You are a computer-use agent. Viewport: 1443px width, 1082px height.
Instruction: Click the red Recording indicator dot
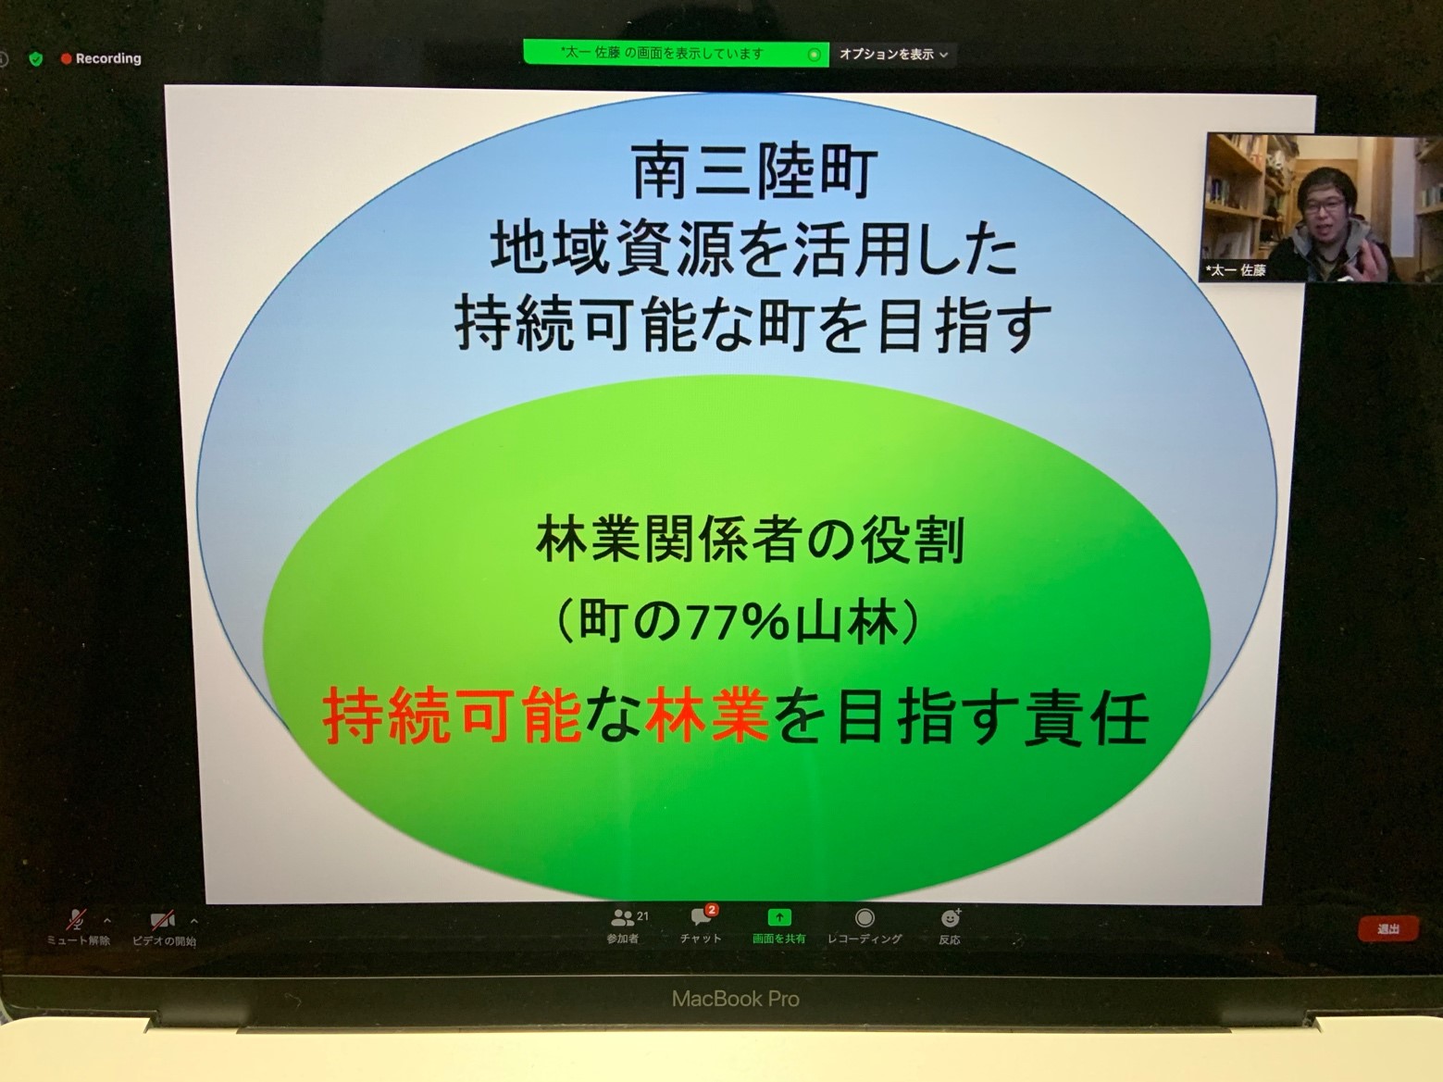(66, 58)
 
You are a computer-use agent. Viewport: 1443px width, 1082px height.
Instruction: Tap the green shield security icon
(36, 58)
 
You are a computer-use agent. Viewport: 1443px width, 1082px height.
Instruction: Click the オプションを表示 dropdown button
(893, 55)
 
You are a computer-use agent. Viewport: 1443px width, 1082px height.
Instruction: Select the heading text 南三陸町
(754, 173)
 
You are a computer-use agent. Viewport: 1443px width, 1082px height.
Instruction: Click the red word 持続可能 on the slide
(453, 715)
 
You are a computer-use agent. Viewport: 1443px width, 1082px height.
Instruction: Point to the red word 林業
(707, 715)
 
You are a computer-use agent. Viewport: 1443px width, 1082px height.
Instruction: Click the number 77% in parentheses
(736, 623)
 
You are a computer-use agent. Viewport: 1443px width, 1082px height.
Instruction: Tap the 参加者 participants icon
(623, 917)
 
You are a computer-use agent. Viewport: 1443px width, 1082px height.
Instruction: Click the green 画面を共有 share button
(779, 917)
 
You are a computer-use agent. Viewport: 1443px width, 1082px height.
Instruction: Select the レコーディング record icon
(865, 917)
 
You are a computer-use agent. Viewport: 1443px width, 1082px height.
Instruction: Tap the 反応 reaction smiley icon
(950, 917)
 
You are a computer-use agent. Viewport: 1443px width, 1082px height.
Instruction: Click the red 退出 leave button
(1388, 929)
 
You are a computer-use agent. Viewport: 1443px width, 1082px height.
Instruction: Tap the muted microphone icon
(77, 920)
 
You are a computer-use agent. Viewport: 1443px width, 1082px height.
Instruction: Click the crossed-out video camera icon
(162, 920)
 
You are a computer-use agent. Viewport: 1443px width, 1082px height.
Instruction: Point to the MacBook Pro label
(735, 1000)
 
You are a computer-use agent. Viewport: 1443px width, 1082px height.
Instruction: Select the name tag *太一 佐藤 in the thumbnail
(1236, 269)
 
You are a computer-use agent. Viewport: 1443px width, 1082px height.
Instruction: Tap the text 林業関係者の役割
(750, 541)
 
